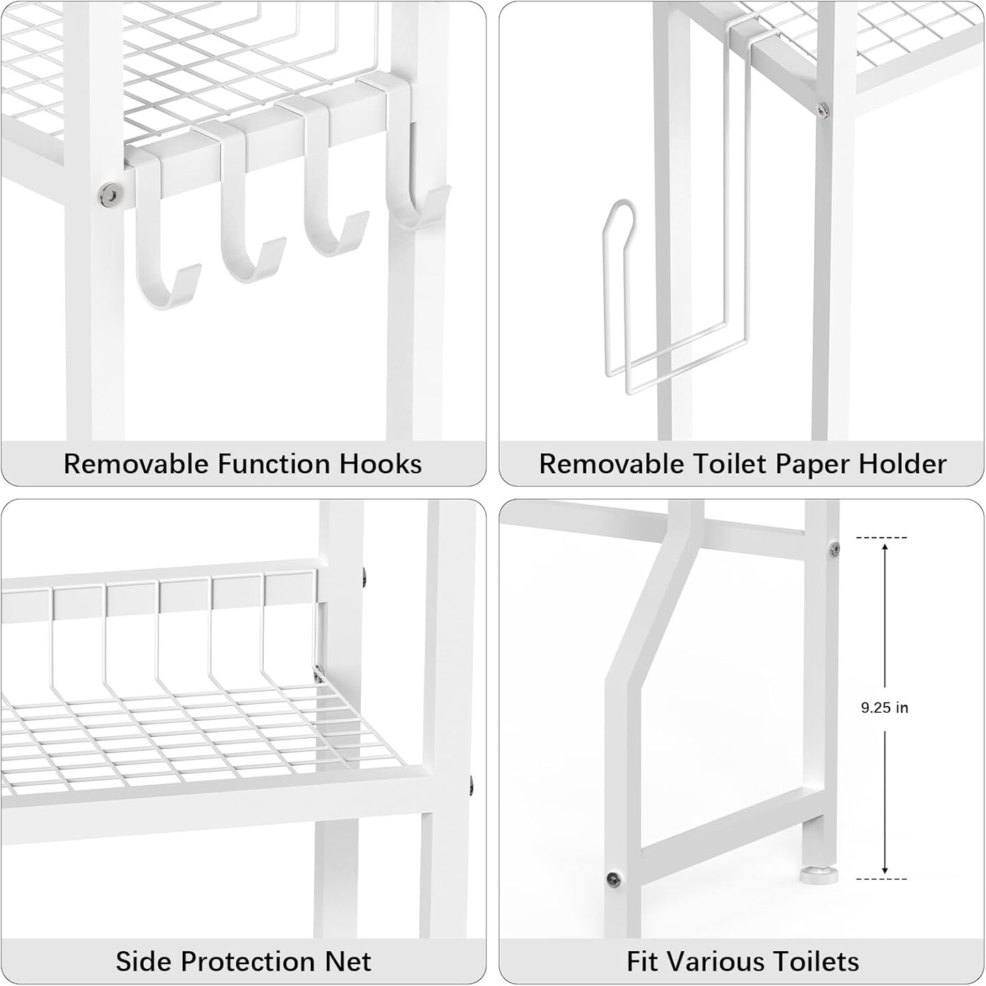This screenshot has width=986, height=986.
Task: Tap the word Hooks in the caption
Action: [381, 464]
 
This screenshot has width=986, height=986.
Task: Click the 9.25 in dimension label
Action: [884, 708]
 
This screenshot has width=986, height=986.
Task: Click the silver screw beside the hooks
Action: [107, 194]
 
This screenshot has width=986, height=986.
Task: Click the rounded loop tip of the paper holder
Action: [620, 208]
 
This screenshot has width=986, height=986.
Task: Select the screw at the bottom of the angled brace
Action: [614, 878]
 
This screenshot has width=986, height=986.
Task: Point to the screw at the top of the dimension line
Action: [834, 547]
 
